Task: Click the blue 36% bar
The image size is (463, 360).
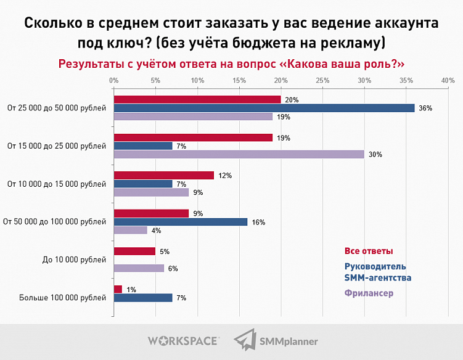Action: point(264,108)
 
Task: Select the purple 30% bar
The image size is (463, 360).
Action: point(239,154)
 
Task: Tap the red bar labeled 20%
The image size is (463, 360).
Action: point(197,99)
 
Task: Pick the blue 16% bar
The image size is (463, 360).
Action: point(180,222)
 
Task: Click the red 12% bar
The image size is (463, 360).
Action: point(163,176)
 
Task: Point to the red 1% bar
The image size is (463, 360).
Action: point(118,289)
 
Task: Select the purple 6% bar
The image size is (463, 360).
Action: point(139,268)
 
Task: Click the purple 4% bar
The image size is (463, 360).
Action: point(130,231)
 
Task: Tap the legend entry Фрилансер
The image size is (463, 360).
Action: point(369,293)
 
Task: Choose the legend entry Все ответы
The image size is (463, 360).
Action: point(368,251)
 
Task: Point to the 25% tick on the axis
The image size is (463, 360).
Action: point(322,80)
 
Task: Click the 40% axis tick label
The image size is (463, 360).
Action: point(448,80)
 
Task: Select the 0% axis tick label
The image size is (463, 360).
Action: point(113,80)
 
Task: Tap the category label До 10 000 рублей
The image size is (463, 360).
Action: point(74,260)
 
